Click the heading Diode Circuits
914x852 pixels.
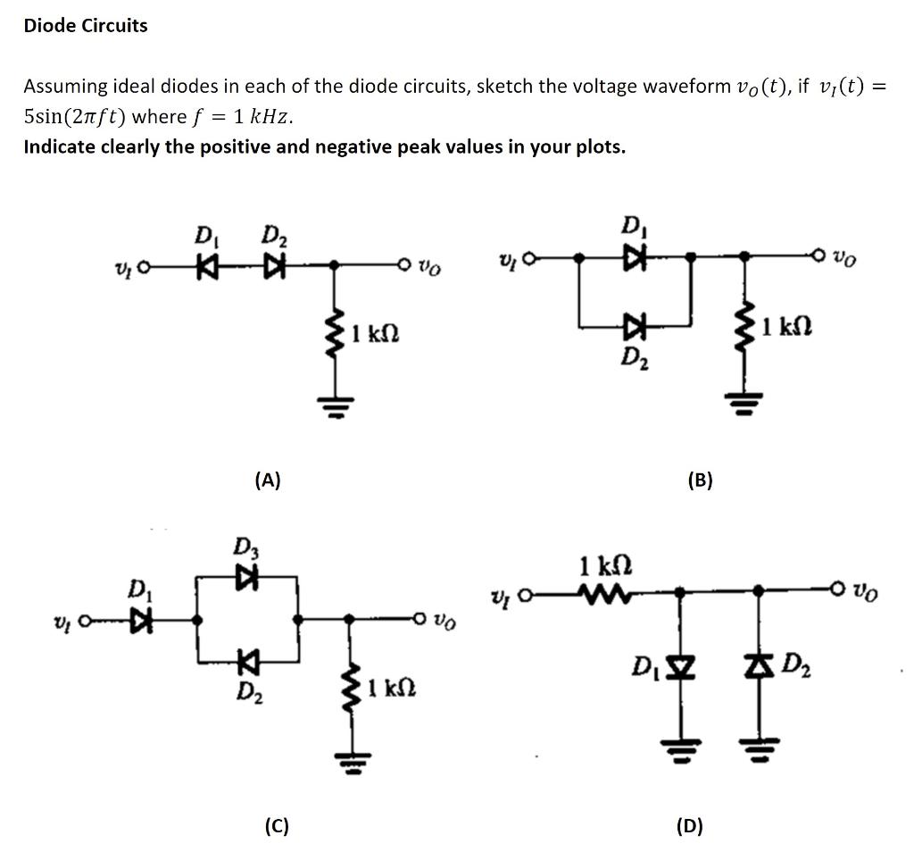[x=86, y=25]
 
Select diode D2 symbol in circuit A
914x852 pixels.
[x=269, y=265]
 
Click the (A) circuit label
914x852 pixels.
[x=267, y=480]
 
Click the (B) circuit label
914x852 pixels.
[x=700, y=480]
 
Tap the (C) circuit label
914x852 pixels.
[x=277, y=826]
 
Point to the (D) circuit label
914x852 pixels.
[x=689, y=826]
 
